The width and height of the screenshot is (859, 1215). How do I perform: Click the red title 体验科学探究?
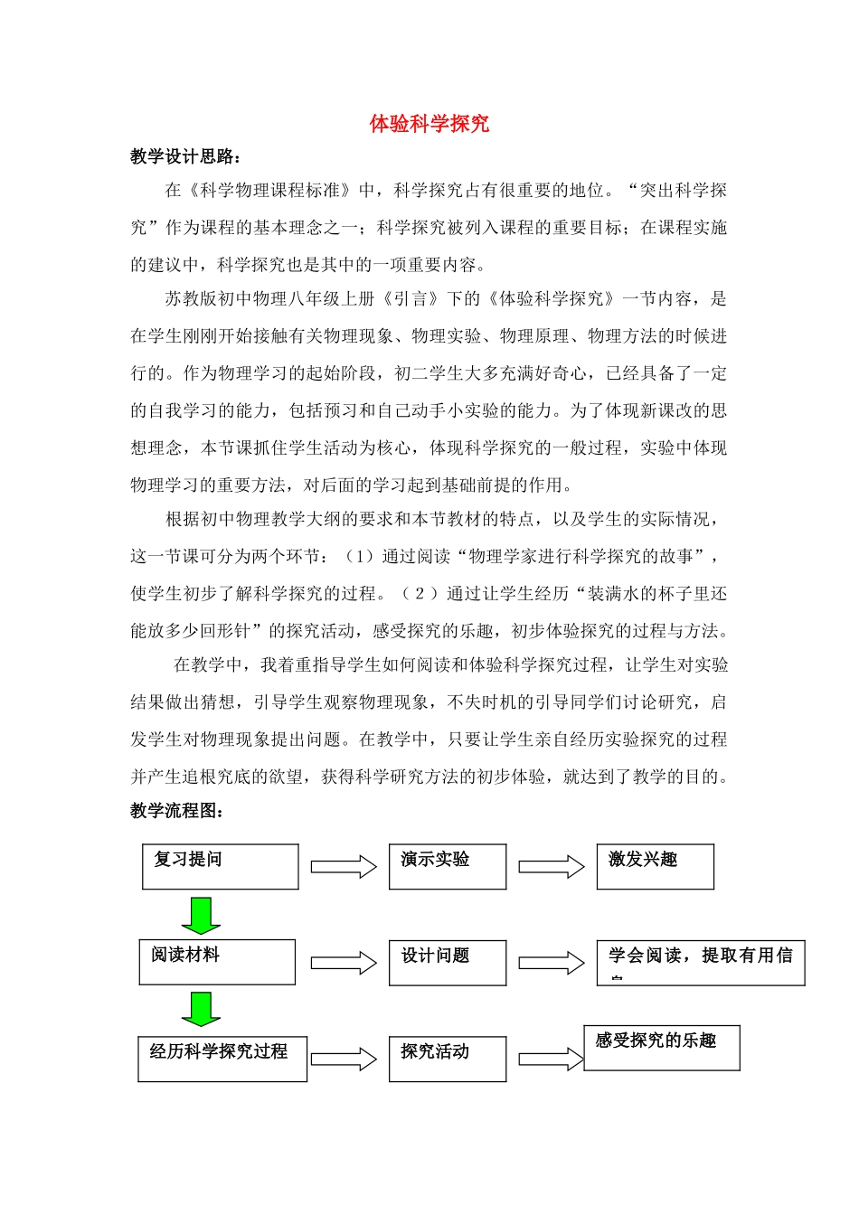coord(429,124)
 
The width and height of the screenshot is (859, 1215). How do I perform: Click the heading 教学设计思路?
coord(185,156)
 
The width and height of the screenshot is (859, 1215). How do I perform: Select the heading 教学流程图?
coord(176,811)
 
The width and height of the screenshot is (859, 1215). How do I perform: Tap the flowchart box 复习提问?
coord(220,867)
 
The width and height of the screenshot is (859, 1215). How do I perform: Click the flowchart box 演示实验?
coord(448,867)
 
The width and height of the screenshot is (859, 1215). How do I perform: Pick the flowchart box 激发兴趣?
coord(655,867)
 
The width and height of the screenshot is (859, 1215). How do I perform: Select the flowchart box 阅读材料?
coord(217,962)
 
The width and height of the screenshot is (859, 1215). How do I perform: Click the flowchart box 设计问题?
coord(448,963)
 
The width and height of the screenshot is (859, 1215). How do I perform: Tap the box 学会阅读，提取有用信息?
coord(700,963)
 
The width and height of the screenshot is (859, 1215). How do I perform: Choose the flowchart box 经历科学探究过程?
coord(222,1059)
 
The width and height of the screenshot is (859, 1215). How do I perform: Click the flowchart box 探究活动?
coord(448,1059)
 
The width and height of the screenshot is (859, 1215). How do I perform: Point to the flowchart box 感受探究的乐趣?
coord(661,1048)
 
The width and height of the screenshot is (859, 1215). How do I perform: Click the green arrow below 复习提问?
coord(201,915)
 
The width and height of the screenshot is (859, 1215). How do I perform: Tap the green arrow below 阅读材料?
coord(201,1009)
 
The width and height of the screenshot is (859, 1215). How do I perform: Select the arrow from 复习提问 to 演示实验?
coord(344,867)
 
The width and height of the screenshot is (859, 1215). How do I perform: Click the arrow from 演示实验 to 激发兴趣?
coord(552,867)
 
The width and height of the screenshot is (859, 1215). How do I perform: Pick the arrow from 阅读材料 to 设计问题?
coord(344,963)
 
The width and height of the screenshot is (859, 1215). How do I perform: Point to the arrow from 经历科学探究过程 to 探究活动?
coord(344,1059)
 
